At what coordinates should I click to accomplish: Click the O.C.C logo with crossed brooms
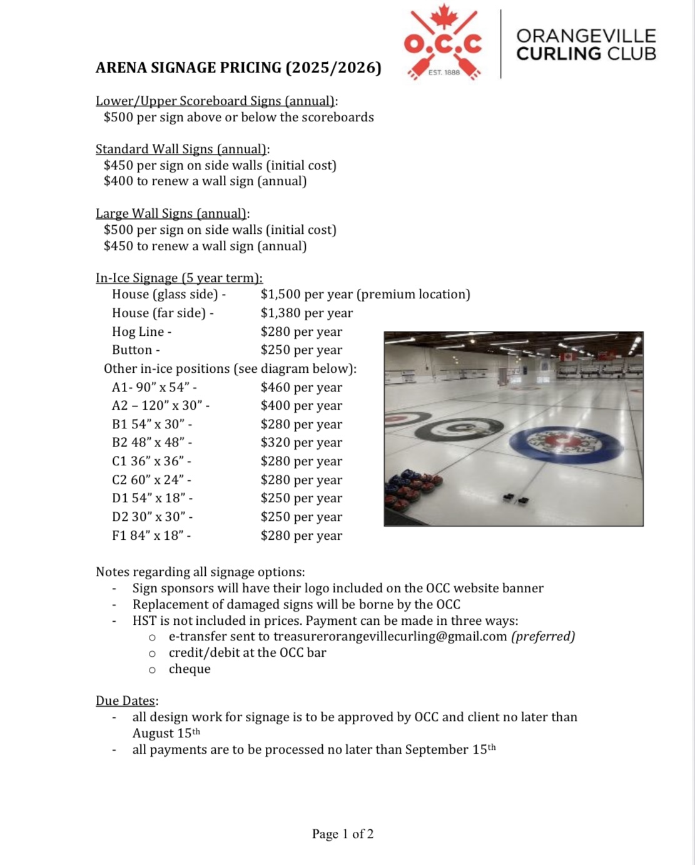click(x=443, y=44)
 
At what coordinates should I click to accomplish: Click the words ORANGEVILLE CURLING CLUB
click(x=586, y=44)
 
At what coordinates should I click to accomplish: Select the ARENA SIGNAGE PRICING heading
click(x=238, y=68)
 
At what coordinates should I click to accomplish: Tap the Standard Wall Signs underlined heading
click(x=181, y=149)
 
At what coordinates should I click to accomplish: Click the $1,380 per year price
click(x=307, y=313)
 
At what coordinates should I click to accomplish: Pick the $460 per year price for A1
click(x=302, y=387)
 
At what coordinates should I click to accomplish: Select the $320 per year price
click(x=302, y=442)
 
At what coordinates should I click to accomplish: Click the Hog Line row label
click(x=141, y=331)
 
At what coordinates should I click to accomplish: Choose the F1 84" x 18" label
click(x=151, y=535)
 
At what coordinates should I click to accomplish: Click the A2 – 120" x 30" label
click(x=161, y=405)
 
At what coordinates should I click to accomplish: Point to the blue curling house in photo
click(x=566, y=443)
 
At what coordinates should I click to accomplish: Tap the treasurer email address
click(x=390, y=636)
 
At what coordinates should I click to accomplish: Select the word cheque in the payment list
click(x=190, y=669)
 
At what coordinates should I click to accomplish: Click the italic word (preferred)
click(x=543, y=636)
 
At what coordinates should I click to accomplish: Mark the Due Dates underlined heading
click(x=126, y=701)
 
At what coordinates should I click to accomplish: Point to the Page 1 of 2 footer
click(x=343, y=834)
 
